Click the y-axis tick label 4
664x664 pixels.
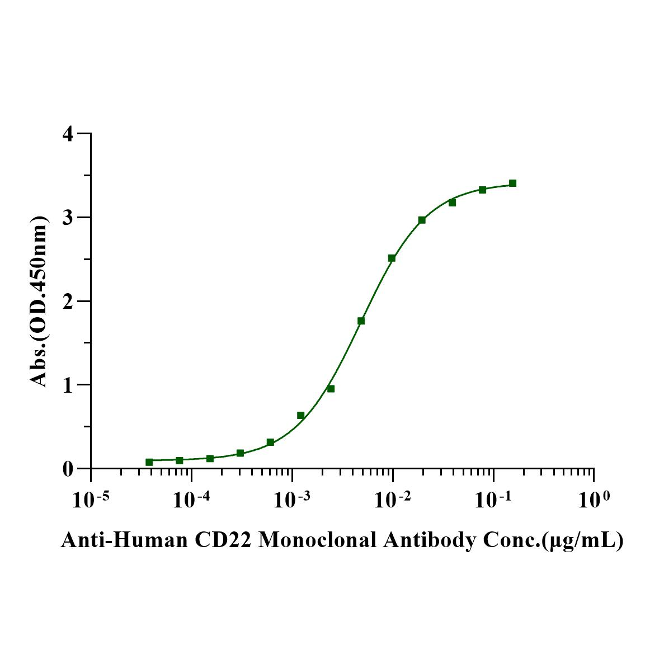(69, 134)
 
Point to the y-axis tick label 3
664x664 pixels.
(69, 218)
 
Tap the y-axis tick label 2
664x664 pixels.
(69, 301)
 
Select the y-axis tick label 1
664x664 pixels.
(69, 385)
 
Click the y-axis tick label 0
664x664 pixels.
(69, 468)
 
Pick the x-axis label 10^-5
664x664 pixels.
(91, 500)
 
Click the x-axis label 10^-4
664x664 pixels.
(192, 500)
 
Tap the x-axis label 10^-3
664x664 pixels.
(292, 500)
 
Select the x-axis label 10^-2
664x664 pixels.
(393, 500)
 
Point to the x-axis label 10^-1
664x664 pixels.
(493, 500)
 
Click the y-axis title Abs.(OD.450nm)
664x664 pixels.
(39, 301)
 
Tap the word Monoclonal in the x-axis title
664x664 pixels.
(318, 540)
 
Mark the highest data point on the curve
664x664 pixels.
(512, 183)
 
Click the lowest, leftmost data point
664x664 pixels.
(149, 462)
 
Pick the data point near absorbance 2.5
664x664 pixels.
(392, 258)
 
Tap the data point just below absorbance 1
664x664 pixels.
(331, 389)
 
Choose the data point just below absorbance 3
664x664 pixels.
(422, 220)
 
